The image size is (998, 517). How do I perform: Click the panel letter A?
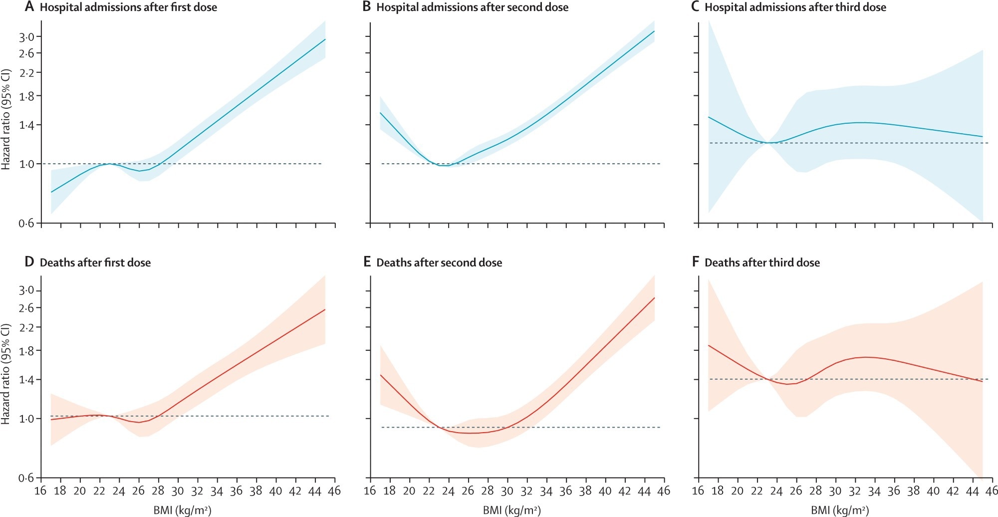[29, 7]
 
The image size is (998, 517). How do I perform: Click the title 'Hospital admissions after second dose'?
[472, 7]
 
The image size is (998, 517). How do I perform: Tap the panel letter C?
[695, 7]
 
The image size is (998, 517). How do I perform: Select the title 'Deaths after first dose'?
[95, 263]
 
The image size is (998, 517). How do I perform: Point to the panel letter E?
[367, 262]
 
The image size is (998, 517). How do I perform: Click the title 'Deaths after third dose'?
[762, 263]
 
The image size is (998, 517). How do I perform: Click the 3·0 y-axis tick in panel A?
[27, 37]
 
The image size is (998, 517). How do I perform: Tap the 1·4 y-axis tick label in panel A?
[27, 125]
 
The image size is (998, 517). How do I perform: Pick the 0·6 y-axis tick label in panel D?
[27, 479]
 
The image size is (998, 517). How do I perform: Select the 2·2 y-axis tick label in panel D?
[27, 328]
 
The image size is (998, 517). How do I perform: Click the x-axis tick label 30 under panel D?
[178, 491]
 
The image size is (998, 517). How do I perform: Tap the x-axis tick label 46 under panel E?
[664, 491]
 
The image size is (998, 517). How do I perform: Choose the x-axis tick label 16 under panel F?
[698, 491]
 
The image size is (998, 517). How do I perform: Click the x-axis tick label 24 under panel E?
[448, 491]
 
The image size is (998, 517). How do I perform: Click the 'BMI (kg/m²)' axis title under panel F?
[840, 510]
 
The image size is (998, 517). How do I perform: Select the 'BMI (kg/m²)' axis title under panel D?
[182, 510]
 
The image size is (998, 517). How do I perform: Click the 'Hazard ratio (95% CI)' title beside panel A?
[6, 120]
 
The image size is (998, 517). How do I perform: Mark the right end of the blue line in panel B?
[654, 31]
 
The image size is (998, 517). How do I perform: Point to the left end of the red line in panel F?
[709, 345]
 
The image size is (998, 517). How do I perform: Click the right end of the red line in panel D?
[325, 309]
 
